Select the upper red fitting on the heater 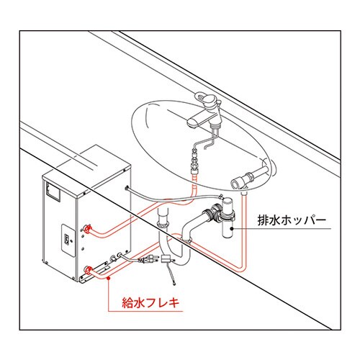click(89, 228)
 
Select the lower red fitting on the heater click(89, 271)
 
